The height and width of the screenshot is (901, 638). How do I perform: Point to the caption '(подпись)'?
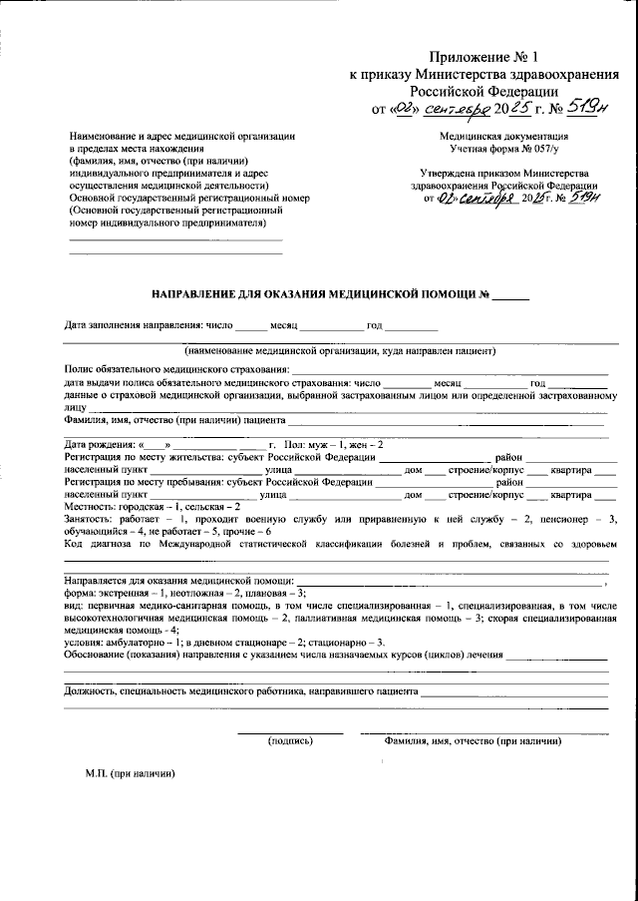click(290, 741)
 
